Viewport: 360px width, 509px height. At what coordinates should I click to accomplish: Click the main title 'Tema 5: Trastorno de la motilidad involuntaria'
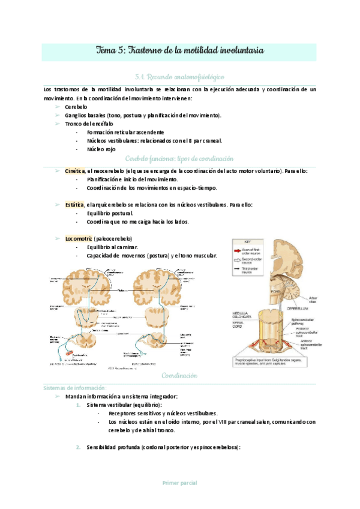pos(180,52)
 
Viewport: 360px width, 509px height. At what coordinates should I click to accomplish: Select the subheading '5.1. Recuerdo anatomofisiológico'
pos(180,77)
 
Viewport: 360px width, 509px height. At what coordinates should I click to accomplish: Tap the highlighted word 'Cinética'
pos(75,171)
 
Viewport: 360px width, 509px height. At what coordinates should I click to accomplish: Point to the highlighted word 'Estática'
pos(75,205)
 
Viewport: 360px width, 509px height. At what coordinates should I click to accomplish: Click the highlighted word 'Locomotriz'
pos(79,239)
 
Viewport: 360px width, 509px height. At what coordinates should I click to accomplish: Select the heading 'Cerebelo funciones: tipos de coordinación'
pos(179,159)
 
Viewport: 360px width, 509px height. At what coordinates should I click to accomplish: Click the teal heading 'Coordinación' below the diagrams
pos(179,376)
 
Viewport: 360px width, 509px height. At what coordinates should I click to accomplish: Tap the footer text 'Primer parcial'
pos(179,483)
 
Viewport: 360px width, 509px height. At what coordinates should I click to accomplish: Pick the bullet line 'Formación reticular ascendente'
pos(125,132)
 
